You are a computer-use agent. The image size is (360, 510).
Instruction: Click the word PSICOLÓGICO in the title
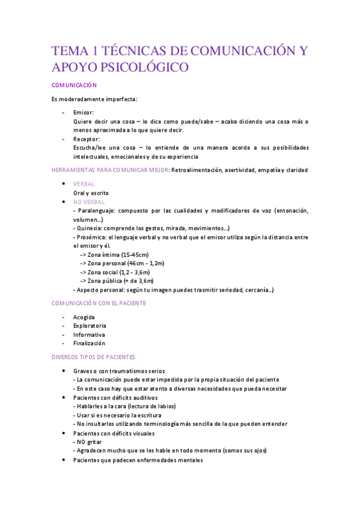(x=140, y=67)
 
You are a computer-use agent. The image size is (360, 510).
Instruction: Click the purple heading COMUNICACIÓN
(x=75, y=85)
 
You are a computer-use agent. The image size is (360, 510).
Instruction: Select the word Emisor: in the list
(x=84, y=112)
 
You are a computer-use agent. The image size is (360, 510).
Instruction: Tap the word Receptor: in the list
(x=87, y=139)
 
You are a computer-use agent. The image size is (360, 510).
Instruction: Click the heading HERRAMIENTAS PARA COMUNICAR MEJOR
(x=110, y=170)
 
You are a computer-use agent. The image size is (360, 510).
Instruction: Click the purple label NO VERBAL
(x=89, y=202)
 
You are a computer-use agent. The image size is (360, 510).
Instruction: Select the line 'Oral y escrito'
(x=91, y=193)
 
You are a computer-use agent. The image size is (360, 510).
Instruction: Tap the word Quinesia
(x=88, y=229)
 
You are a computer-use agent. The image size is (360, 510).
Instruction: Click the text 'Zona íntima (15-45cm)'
(x=118, y=255)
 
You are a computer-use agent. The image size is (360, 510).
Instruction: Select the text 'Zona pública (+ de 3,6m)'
(x=121, y=281)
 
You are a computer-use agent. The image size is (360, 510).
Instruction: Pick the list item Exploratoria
(x=89, y=326)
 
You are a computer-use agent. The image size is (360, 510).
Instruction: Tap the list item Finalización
(x=89, y=343)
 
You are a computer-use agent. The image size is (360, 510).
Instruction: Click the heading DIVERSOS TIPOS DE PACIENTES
(x=93, y=357)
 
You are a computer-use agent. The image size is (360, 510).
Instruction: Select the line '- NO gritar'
(x=87, y=442)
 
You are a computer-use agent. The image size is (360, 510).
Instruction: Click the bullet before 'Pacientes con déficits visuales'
(x=64, y=433)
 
